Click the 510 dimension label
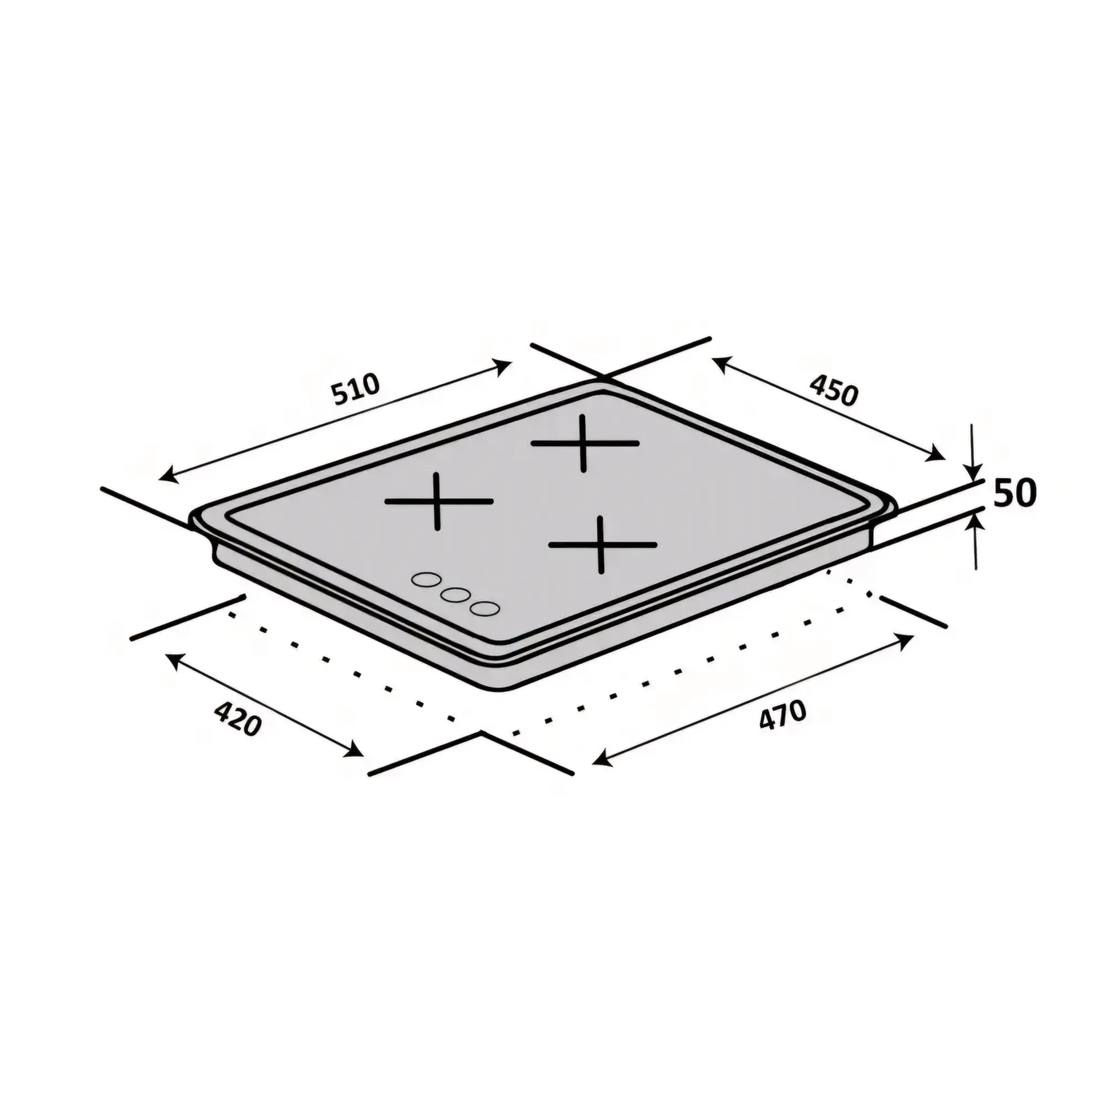(x=356, y=389)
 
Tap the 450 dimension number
(x=834, y=390)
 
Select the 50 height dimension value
(x=1015, y=493)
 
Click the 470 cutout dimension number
(x=782, y=715)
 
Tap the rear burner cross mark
(x=584, y=443)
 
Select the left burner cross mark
(x=438, y=501)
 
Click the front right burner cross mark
(x=602, y=544)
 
